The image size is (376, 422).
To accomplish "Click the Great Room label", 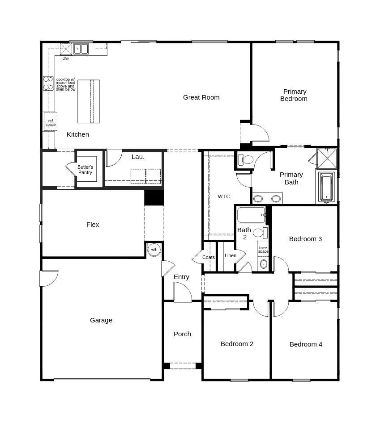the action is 201,97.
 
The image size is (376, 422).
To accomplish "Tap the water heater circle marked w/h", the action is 154,250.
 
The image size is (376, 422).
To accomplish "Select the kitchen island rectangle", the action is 89,101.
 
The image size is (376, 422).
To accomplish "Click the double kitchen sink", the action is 81,49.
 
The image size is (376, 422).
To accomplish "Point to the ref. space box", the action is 51,121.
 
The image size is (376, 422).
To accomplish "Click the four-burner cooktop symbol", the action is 48,83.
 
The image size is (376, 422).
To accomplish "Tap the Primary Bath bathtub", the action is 326,187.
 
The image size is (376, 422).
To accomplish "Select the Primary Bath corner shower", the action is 327,159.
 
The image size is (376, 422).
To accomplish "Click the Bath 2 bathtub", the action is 252,215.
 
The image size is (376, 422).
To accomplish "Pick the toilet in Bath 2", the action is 260,233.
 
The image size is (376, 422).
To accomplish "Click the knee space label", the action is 263,250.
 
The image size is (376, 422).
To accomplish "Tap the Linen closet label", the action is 231,255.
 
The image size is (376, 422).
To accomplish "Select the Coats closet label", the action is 209,257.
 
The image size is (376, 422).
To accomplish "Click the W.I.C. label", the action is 224,196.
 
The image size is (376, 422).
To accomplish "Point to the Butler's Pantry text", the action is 85,170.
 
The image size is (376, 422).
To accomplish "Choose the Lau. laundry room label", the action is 138,157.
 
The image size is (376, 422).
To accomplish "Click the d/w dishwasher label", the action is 65,58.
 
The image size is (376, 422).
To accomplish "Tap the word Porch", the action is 182,334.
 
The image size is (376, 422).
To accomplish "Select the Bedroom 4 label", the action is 306,344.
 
